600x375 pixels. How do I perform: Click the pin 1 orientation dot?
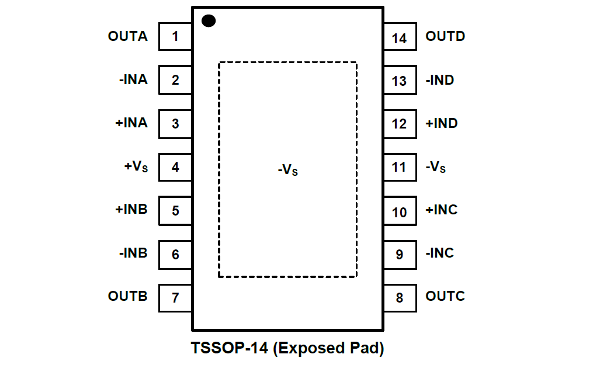209,21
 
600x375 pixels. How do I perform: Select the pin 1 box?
175,37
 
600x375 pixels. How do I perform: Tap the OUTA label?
127,36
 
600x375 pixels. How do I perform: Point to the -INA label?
133,80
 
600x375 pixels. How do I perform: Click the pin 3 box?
175,123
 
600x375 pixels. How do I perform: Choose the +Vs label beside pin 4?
136,167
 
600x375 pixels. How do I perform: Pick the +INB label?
131,210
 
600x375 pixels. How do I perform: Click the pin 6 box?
175,254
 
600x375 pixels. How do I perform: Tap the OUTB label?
127,296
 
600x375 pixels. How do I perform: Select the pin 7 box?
175,297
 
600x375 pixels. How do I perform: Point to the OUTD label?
445,36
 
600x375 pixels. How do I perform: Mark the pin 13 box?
400,81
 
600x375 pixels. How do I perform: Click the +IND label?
442,123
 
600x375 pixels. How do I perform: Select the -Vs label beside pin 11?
436,168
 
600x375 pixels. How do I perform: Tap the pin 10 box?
400,211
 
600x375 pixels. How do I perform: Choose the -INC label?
440,254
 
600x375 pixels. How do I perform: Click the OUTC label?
445,296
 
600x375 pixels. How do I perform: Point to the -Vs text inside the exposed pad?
288,171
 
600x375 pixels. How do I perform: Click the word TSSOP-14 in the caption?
230,349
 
